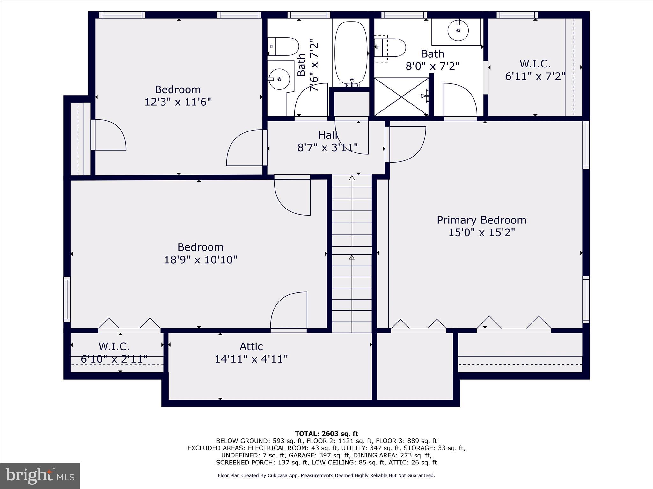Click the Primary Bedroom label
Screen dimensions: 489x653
click(x=481, y=220)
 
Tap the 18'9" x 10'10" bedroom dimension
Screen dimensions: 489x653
click(x=201, y=260)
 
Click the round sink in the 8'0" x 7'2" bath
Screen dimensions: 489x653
click(x=458, y=31)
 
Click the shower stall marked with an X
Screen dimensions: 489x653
click(x=401, y=97)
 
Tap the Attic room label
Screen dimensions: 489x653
click(x=251, y=346)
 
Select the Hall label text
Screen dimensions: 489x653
click(x=327, y=135)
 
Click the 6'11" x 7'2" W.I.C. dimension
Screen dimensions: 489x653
click(x=535, y=76)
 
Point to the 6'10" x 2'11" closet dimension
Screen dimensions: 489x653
click(x=114, y=359)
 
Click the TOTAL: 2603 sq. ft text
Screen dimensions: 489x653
click(x=326, y=434)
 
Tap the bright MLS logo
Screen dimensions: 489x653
click(x=40, y=476)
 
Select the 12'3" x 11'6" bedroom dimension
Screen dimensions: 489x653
click(x=178, y=102)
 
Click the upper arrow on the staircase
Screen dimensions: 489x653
click(x=352, y=178)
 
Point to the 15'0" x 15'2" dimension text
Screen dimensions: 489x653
click(x=481, y=233)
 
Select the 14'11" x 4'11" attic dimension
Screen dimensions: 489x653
click(x=251, y=359)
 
